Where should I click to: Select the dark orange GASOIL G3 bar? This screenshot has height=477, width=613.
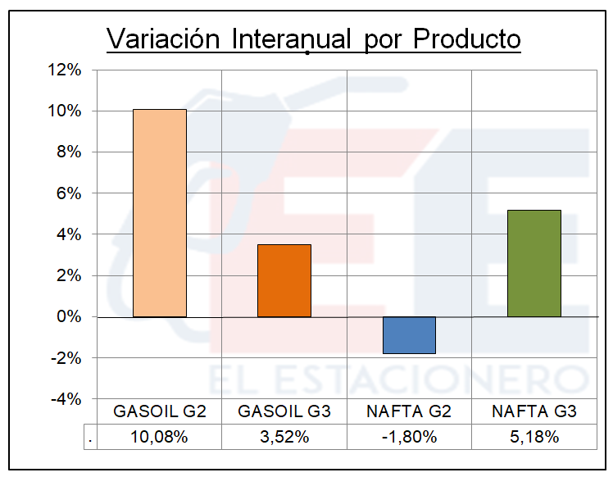(284, 280)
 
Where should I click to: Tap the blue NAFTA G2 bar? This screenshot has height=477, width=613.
(409, 335)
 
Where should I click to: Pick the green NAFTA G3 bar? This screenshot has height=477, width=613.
(534, 263)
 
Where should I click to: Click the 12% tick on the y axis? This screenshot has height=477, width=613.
(65, 70)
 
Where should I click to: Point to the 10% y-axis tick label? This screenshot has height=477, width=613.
(65, 111)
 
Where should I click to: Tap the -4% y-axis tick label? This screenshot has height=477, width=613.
(66, 399)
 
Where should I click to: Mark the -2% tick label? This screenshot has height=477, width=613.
(66, 358)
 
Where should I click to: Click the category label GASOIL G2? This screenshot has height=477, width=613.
(159, 411)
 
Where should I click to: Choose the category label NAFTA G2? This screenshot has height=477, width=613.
(409, 411)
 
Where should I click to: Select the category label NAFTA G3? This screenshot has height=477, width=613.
(534, 411)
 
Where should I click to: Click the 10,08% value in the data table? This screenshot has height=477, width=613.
(159, 438)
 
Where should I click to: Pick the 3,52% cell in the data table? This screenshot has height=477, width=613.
(284, 438)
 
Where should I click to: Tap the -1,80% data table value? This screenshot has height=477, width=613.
(409, 438)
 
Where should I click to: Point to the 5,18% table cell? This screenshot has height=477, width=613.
(534, 438)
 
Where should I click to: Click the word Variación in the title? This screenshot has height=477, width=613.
(165, 39)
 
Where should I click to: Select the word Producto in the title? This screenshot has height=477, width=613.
(466, 39)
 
